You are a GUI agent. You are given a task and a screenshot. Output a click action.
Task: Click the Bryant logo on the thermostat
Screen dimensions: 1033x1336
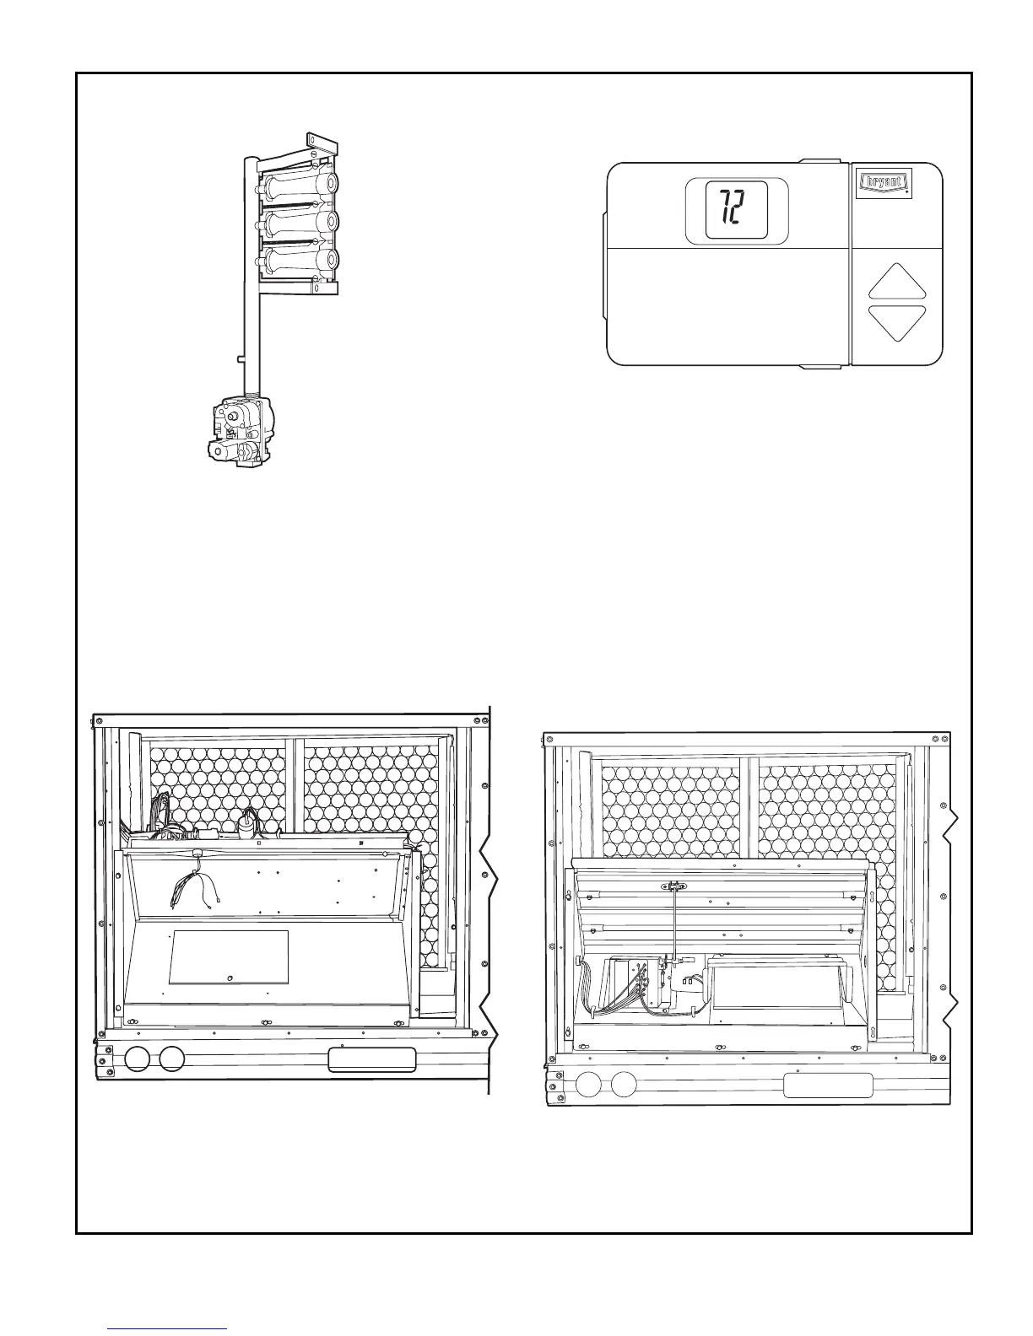(883, 182)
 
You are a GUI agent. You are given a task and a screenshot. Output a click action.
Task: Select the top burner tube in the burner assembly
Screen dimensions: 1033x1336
(300, 184)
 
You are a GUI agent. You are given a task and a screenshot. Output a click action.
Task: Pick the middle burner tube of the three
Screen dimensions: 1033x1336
(300, 223)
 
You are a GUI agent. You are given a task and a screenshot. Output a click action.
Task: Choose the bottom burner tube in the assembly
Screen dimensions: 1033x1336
(300, 260)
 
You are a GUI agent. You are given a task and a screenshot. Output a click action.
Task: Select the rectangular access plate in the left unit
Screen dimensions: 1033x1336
(229, 956)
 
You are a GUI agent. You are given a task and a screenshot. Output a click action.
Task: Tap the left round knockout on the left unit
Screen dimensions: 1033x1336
(135, 1059)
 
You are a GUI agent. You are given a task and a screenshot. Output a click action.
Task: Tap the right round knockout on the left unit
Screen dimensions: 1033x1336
(171, 1059)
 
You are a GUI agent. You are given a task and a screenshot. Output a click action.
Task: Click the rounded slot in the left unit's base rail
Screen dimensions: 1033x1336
(372, 1060)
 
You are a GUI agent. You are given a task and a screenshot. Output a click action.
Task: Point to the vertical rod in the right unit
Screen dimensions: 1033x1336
(676, 924)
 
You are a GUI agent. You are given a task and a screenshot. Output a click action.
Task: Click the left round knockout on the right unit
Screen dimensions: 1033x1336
(587, 1085)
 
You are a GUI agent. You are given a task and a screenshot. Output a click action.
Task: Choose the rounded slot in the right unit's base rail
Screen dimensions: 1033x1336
(828, 1085)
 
